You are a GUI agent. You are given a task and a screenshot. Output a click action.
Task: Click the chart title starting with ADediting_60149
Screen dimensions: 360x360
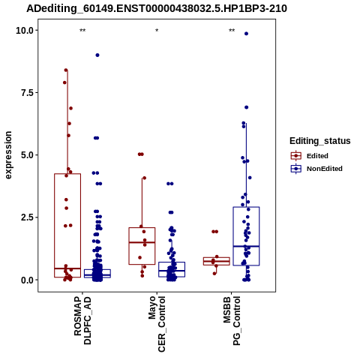[157, 9]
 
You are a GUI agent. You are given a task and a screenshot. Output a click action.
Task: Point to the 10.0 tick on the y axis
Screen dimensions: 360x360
[25, 31]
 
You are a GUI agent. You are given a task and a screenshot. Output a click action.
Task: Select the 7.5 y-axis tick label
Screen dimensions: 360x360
[27, 93]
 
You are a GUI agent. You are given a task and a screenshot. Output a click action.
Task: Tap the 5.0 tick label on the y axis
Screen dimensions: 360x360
[27, 155]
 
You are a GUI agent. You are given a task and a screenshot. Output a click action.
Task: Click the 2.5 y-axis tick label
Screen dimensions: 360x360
[27, 217]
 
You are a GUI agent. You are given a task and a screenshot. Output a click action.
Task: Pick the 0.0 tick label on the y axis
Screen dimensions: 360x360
[27, 280]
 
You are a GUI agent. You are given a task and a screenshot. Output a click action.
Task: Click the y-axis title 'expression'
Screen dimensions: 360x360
[8, 155]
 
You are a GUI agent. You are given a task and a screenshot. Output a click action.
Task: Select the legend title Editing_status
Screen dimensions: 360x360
[319, 141]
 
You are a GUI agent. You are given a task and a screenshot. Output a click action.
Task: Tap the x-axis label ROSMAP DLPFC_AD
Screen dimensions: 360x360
[82, 321]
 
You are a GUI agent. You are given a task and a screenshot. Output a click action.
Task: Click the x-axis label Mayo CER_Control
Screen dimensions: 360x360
[157, 324]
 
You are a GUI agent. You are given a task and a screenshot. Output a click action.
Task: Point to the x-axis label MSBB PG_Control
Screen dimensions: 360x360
[232, 321]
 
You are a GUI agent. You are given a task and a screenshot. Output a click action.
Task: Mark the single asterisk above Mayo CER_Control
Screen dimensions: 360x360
[157, 31]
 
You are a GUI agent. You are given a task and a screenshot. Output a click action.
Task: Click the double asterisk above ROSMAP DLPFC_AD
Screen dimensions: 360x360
[82, 31]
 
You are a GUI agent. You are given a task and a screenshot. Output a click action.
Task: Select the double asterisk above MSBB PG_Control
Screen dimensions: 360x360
[232, 31]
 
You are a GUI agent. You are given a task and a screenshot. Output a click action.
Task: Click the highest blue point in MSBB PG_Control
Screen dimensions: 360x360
[246, 34]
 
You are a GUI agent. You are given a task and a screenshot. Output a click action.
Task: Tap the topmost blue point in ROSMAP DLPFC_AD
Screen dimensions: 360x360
[97, 55]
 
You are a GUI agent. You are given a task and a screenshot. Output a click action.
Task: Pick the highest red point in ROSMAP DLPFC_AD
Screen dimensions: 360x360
[66, 70]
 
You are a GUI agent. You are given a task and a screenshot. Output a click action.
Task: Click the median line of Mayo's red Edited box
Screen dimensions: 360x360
[142, 242]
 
